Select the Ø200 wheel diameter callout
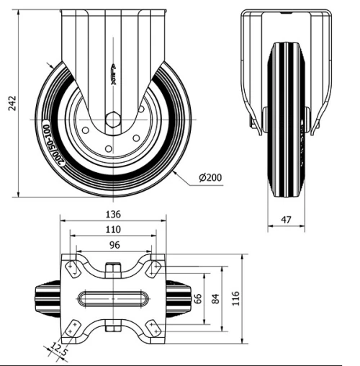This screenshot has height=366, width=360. (x=209, y=177)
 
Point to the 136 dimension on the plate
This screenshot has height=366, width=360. (x=112, y=214)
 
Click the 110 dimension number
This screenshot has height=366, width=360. (x=112, y=229)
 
